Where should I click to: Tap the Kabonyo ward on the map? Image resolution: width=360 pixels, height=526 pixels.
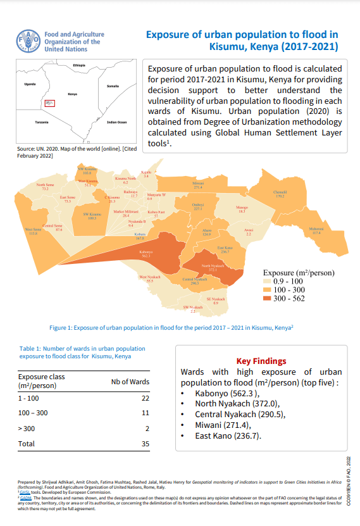146,253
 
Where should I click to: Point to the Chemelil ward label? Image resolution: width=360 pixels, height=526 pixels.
280,194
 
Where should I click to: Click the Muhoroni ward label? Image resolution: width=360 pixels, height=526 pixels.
316,230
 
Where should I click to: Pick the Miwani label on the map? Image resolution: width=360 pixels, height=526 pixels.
198,185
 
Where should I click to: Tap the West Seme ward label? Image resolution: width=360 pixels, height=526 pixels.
34,231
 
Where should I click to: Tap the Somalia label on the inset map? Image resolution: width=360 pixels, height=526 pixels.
113,86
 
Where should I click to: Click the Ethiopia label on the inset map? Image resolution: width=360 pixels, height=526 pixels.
79,66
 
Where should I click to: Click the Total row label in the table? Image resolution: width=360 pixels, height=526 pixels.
27,444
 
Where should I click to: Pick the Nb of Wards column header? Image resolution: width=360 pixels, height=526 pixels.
130,381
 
